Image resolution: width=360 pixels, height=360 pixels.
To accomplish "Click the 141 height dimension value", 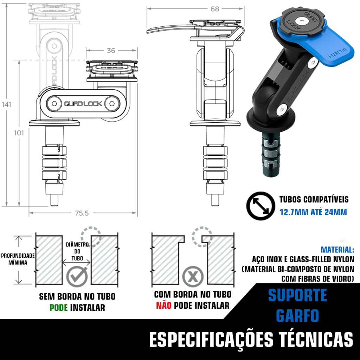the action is (6, 105).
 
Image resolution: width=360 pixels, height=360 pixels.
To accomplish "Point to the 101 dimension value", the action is (19, 133).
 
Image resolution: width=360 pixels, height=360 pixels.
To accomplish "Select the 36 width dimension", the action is (111, 51).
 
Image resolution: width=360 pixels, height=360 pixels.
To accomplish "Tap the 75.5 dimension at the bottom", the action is (82, 213).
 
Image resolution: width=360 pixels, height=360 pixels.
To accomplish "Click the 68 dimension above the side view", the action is (215, 9).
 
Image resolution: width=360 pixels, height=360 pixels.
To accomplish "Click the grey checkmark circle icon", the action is (77, 276).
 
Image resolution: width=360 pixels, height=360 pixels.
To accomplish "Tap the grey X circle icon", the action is (193, 276).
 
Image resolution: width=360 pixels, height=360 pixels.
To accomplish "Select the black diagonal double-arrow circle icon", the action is (261, 206).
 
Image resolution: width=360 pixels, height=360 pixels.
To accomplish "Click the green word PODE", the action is (59, 307).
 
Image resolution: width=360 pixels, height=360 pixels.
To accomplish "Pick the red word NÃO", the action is (164, 306).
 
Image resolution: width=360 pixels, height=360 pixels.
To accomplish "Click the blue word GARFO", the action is (297, 316).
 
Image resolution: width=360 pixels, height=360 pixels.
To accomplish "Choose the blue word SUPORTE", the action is (297, 295).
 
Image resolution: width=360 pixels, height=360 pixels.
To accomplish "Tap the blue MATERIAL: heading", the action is (337, 250).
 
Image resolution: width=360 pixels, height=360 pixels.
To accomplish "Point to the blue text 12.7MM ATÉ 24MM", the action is (313, 212).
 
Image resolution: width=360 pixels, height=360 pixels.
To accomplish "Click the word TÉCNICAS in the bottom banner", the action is (316, 339).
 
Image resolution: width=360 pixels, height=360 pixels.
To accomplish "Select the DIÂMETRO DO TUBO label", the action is (77, 251).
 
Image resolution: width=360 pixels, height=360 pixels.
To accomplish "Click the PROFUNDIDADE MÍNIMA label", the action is (18, 259).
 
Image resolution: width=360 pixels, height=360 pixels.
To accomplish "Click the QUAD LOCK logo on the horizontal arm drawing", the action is (83, 104).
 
